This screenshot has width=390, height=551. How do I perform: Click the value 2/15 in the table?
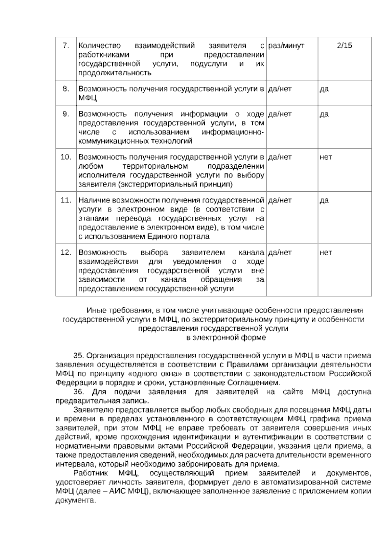(x=344, y=45)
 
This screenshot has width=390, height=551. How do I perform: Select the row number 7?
(x=66, y=45)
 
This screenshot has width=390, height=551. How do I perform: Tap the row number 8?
(x=66, y=89)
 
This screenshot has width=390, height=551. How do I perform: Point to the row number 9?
(x=66, y=114)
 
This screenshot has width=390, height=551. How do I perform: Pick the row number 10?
(x=66, y=157)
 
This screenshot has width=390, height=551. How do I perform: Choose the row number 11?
(x=66, y=200)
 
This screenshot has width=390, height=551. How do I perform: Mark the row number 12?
(x=66, y=252)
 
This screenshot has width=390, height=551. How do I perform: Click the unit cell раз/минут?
(x=286, y=45)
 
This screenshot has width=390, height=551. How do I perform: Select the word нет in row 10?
(x=326, y=157)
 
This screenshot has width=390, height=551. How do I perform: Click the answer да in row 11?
(x=324, y=200)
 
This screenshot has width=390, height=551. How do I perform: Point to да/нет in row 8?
(x=280, y=89)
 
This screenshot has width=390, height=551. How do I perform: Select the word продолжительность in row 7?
(x=115, y=73)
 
